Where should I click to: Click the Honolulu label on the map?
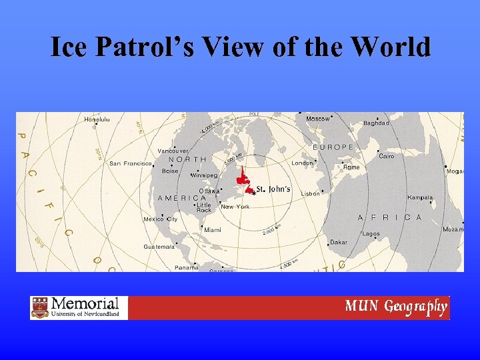point(98,119)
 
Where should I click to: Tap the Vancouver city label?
point(173,151)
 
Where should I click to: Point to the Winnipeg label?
point(204,175)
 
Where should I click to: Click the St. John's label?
point(273,189)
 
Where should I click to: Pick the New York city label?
point(235,207)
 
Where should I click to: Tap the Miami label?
point(213,229)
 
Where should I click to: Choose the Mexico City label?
point(161,219)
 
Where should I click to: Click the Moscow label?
point(318,119)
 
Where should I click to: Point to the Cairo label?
point(387,156)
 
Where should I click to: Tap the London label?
point(302,163)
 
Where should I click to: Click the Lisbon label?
point(311,193)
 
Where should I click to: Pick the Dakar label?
point(338,242)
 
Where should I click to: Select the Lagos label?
point(371,234)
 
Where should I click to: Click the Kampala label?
point(420,197)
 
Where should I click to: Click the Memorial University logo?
point(79,308)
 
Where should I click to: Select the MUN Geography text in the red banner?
point(395,307)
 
